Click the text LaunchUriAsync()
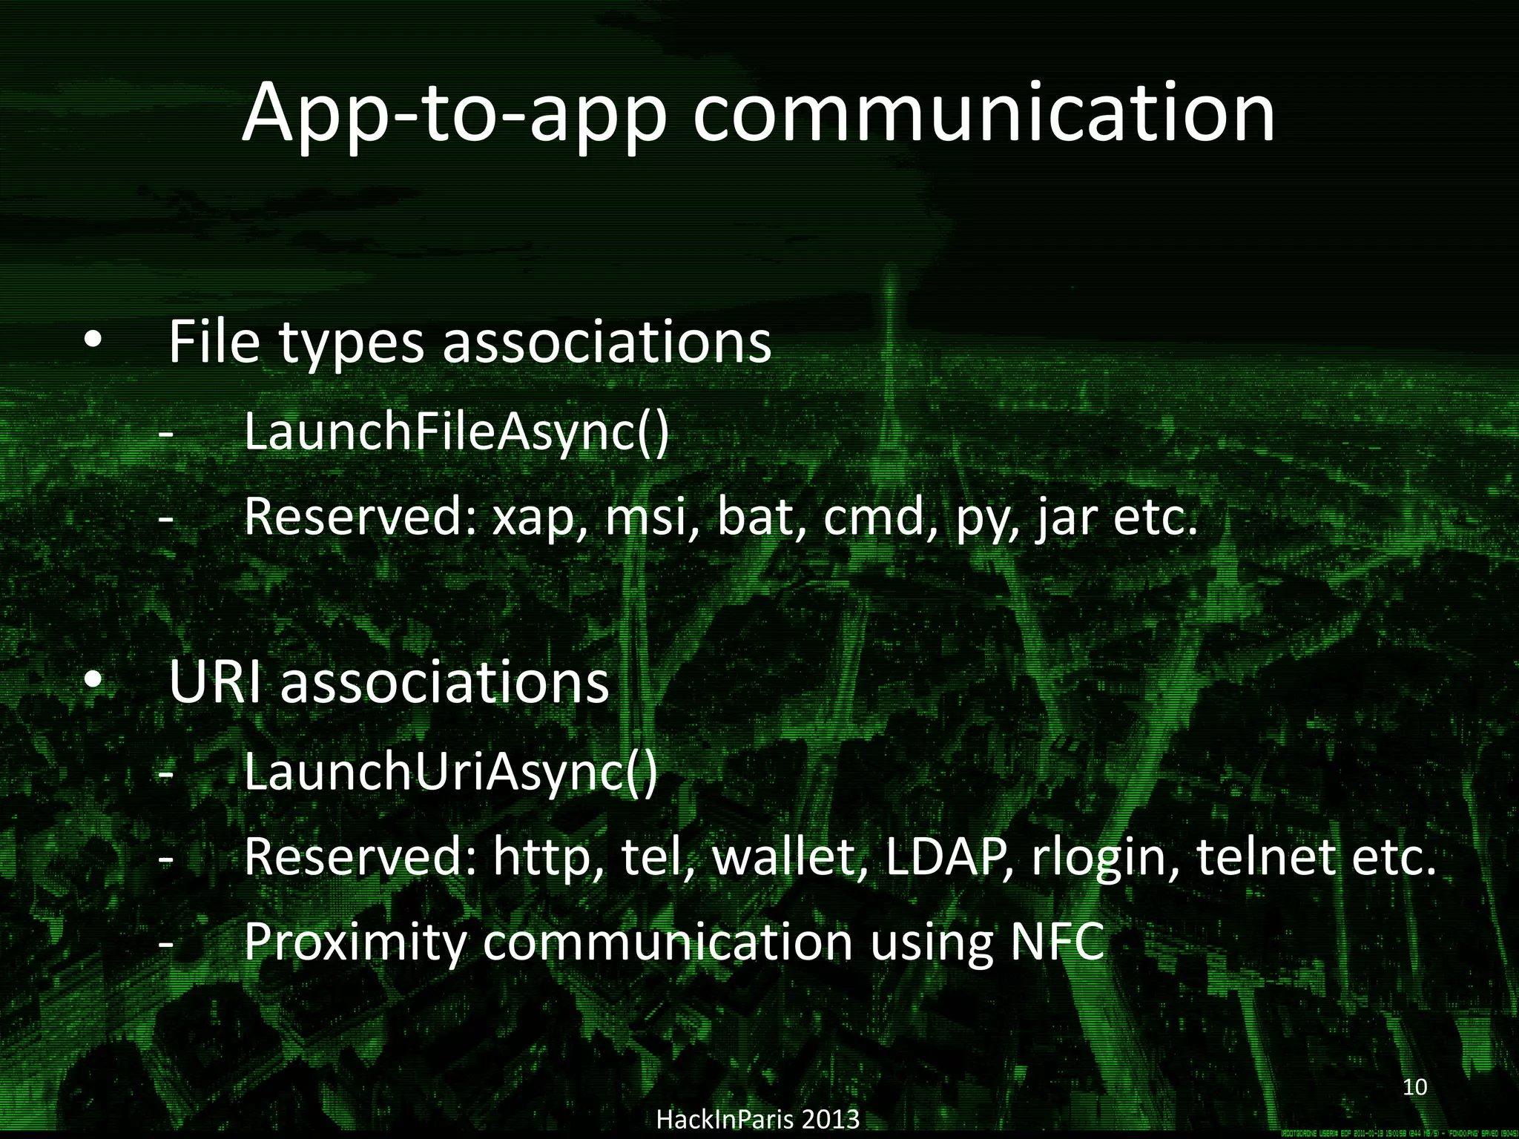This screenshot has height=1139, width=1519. (450, 772)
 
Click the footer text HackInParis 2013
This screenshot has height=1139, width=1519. (758, 1119)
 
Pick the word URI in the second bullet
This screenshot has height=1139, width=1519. (215, 682)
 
